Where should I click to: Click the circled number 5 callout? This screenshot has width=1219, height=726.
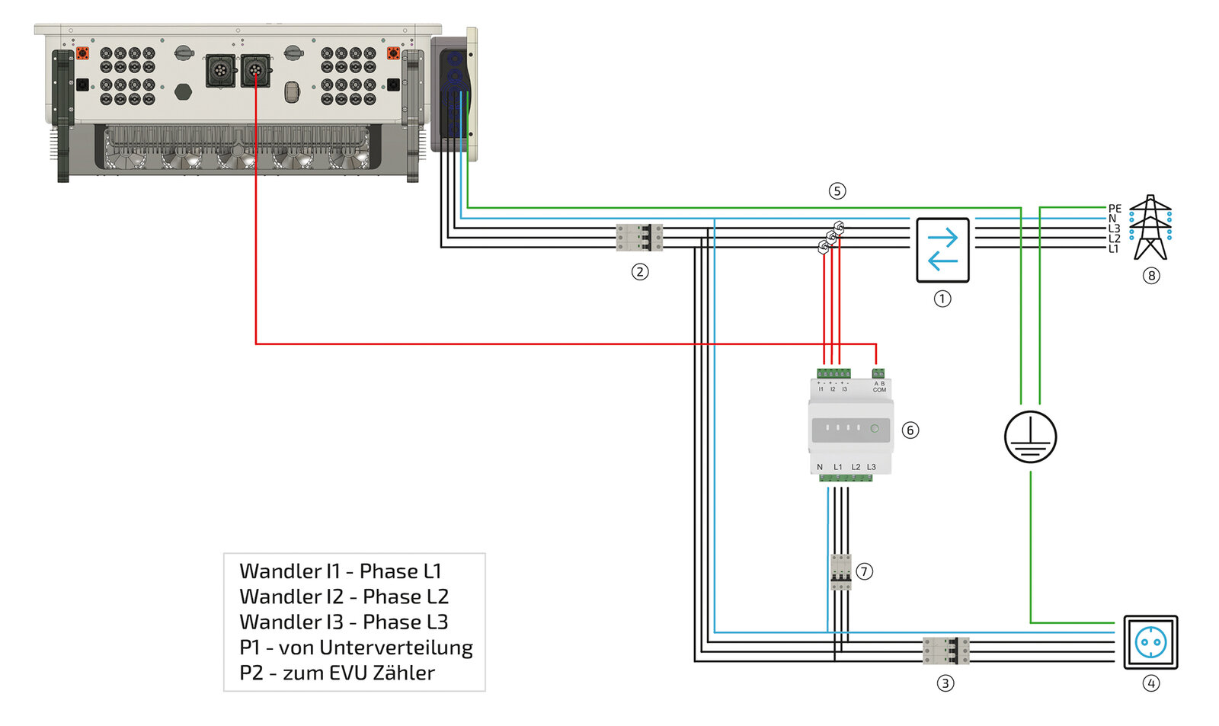tap(837, 190)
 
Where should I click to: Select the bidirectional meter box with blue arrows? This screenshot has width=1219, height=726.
tap(942, 250)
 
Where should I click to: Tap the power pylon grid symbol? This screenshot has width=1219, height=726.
tap(1150, 228)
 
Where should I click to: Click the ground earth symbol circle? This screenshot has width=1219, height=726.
tap(1030, 437)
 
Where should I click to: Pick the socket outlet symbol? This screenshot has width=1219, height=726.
tap(1150, 642)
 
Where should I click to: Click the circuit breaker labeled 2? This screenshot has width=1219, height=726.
tap(639, 237)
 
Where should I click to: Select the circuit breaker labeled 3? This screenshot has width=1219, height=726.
tap(945, 651)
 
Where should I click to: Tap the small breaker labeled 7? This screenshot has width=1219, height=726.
tap(840, 571)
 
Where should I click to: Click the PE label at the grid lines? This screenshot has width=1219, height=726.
tap(1115, 208)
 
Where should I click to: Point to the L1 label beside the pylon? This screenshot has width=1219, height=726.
tap(1114, 248)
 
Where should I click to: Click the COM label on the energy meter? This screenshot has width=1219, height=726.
tap(879, 390)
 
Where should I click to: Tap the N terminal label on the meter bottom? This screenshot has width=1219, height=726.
tap(820, 467)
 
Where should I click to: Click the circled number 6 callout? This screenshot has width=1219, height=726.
tap(910, 430)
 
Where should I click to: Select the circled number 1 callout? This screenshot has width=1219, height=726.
tap(942, 299)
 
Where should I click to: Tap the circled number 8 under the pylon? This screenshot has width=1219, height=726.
tap(1151, 276)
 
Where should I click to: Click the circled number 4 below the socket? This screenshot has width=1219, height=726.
tap(1151, 683)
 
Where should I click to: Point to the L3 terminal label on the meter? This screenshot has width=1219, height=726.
tap(871, 467)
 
